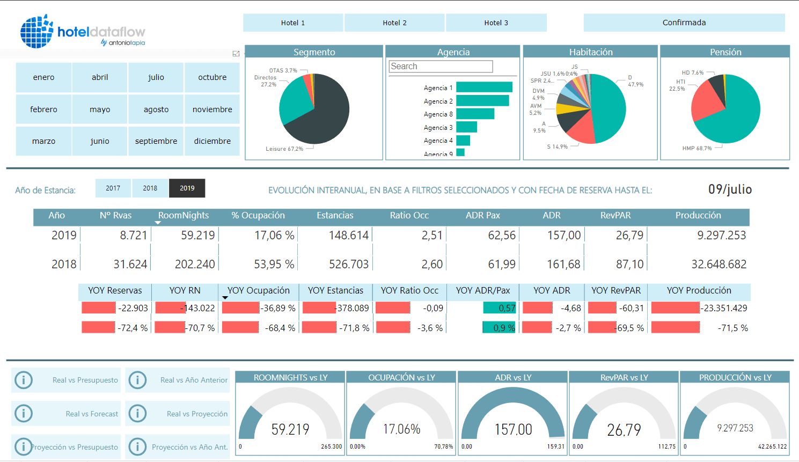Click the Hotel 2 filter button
click(394, 23)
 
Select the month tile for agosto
click(156, 109)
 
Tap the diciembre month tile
click(212, 141)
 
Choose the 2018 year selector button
click(150, 188)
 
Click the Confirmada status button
click(684, 23)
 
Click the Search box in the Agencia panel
click(441, 67)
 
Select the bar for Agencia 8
click(475, 114)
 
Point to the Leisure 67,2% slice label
click(284, 149)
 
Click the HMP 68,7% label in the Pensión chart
click(697, 148)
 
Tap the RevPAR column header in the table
click(615, 216)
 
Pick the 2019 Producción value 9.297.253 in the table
click(721, 235)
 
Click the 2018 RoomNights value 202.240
click(195, 264)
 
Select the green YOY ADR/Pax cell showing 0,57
click(500, 308)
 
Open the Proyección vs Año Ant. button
click(178, 447)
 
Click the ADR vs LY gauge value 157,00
click(513, 429)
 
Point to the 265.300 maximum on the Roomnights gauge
click(331, 446)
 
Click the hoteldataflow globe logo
click(36, 31)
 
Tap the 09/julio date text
click(730, 189)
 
